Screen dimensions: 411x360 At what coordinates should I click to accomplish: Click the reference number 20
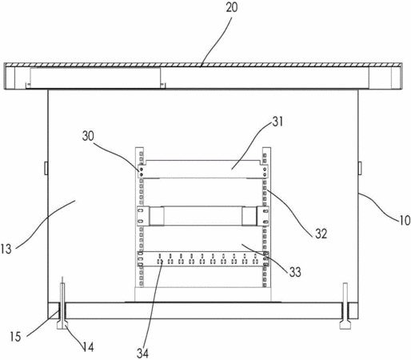[x=231, y=7]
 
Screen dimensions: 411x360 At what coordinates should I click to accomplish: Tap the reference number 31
[x=277, y=122]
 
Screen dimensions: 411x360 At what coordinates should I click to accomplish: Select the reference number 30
[x=88, y=136]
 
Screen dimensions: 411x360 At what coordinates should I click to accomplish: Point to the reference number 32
[x=321, y=234]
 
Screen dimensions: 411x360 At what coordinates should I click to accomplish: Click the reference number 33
[x=295, y=272]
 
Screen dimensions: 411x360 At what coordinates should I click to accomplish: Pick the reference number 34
[x=142, y=354]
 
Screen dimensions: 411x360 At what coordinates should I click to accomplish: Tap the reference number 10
[x=405, y=221]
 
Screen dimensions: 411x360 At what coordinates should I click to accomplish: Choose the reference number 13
[x=6, y=249]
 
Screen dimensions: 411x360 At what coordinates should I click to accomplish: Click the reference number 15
[x=15, y=337]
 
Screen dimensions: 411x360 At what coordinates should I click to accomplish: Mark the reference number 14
[x=88, y=347]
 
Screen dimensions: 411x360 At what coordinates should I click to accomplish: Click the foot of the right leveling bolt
[x=345, y=326]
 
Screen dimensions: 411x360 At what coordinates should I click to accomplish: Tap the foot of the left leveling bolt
[x=62, y=326]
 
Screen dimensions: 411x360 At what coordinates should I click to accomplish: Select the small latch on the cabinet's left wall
[x=46, y=168]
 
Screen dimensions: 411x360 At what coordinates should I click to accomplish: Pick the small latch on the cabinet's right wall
[x=360, y=168]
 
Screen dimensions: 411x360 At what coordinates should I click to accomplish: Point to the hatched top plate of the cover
[x=203, y=65]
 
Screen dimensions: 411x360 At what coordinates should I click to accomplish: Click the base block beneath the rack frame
[x=203, y=294]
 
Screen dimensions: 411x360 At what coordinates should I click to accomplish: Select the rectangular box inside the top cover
[x=95, y=78]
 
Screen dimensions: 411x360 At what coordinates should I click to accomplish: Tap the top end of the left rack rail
[x=140, y=148]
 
